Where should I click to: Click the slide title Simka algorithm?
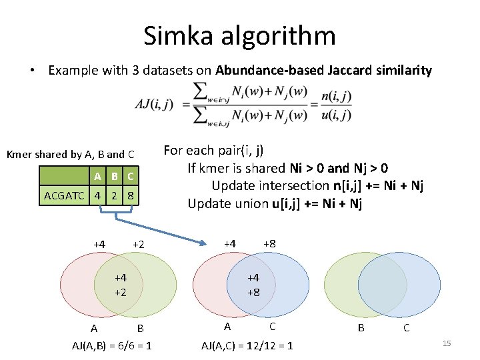click(x=239, y=35)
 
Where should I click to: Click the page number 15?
click(x=447, y=343)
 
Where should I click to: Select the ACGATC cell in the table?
click(x=64, y=196)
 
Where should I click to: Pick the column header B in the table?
click(x=114, y=177)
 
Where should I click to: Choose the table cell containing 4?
click(x=98, y=196)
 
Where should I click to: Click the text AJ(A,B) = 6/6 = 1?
click(x=111, y=345)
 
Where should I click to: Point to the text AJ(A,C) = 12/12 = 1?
click(x=247, y=345)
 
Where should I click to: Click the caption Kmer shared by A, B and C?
click(x=71, y=155)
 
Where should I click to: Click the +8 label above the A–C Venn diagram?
click(x=269, y=243)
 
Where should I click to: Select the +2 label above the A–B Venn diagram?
click(x=139, y=245)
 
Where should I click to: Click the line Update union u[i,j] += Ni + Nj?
click(x=275, y=203)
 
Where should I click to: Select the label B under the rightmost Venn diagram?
click(x=361, y=328)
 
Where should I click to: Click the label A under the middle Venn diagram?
click(x=227, y=327)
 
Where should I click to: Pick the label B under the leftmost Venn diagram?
click(x=140, y=328)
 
